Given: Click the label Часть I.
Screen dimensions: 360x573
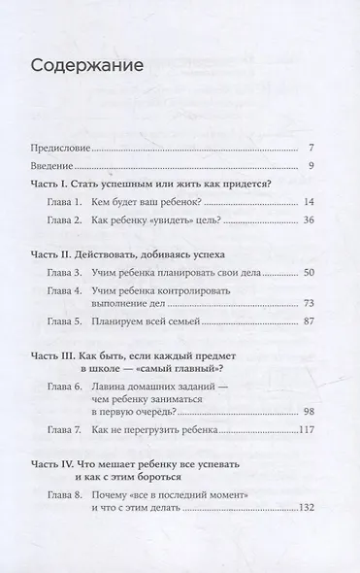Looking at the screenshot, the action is coord(48,185).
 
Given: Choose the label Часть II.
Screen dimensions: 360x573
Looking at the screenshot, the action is coord(49,253).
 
